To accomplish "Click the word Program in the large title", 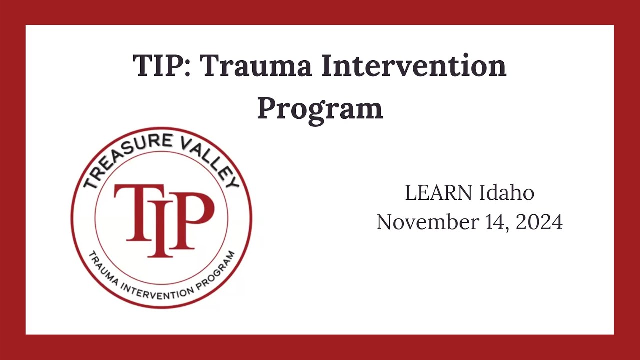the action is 320,110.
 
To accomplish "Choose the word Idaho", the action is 507,193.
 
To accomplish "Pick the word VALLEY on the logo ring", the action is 211,165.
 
